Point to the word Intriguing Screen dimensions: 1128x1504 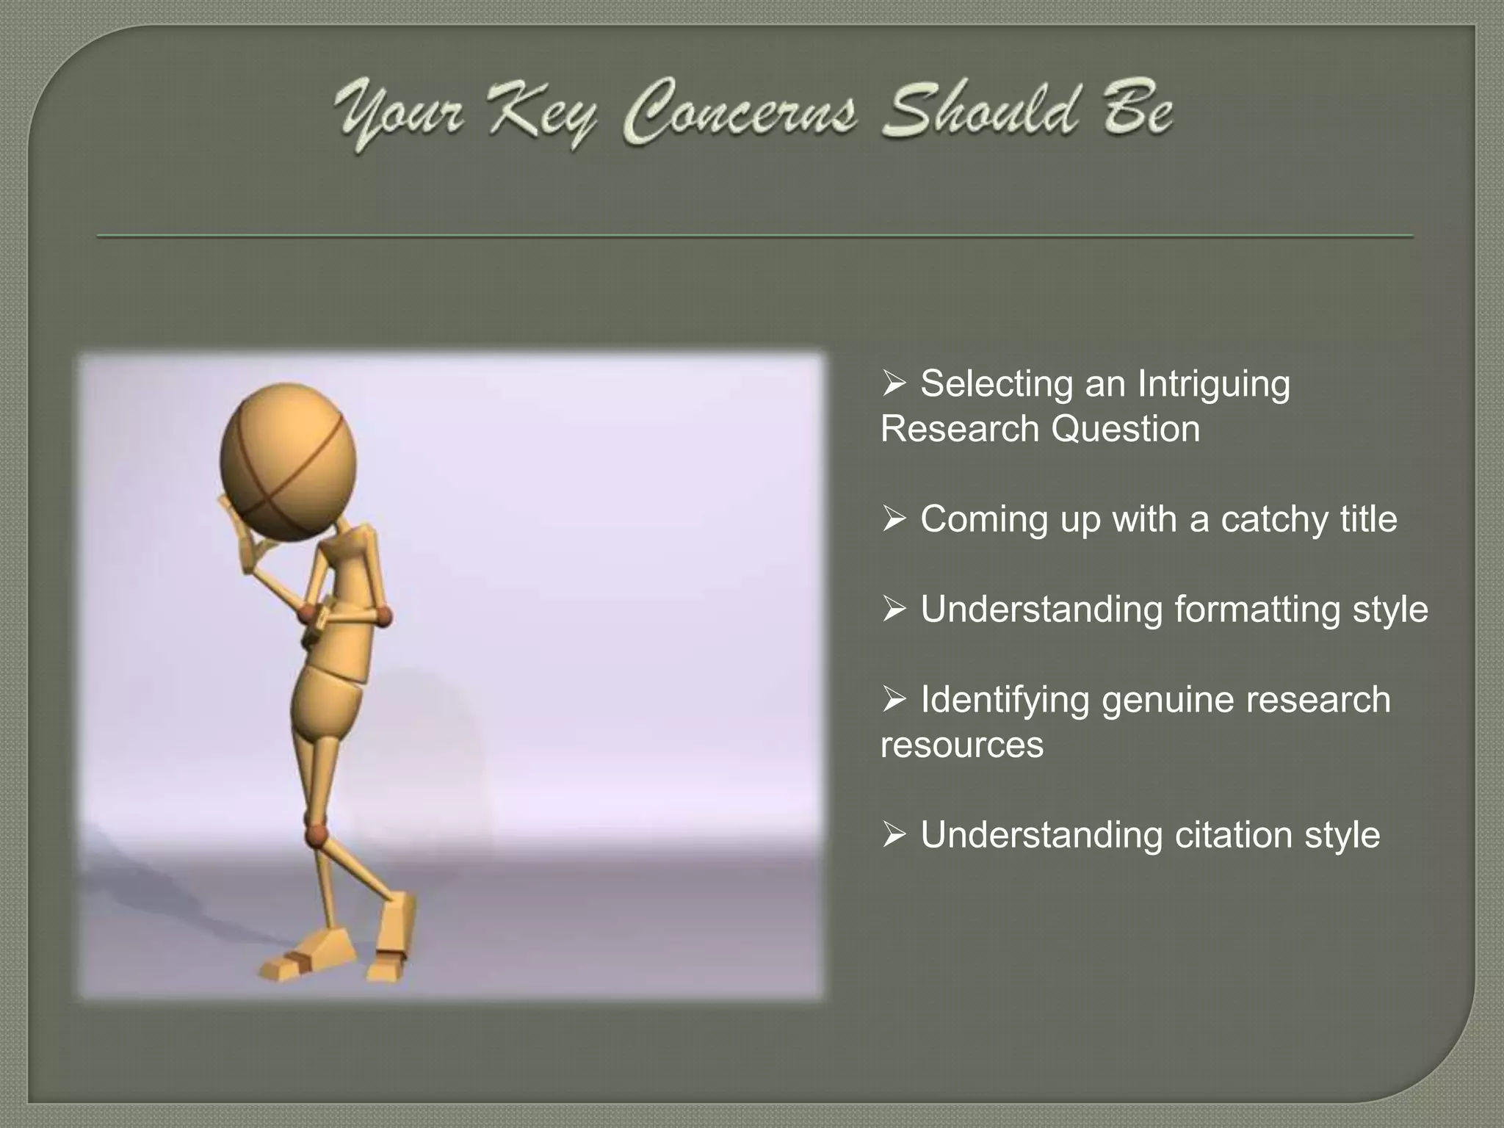point(1213,385)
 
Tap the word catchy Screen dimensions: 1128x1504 point(1274,519)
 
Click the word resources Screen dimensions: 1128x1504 point(961,745)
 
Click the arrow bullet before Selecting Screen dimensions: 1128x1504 point(894,383)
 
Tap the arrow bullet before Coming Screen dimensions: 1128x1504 point(894,519)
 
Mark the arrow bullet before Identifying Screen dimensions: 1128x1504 point(894,699)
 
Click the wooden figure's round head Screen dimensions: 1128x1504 point(288,462)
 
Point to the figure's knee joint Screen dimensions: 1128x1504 point(317,834)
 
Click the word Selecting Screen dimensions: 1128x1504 point(997,385)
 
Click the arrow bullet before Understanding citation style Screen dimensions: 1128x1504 point(894,835)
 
